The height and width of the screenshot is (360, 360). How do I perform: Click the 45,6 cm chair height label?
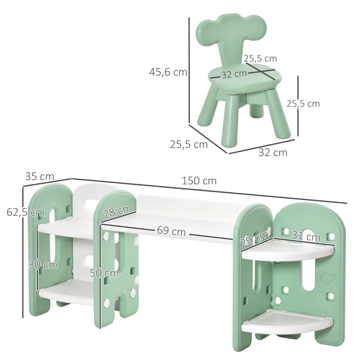pos(168,72)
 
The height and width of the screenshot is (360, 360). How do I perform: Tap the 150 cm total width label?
pos(199,181)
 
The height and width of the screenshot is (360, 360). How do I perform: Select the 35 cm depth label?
pos(40,176)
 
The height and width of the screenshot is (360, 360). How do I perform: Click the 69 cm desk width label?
pos(171,231)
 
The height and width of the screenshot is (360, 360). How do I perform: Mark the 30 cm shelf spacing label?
pos(43,265)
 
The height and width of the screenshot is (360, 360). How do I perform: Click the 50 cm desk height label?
pos(104,273)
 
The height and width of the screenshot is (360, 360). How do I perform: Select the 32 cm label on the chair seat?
pos(234,74)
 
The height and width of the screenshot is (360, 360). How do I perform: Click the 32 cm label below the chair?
pos(273,153)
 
